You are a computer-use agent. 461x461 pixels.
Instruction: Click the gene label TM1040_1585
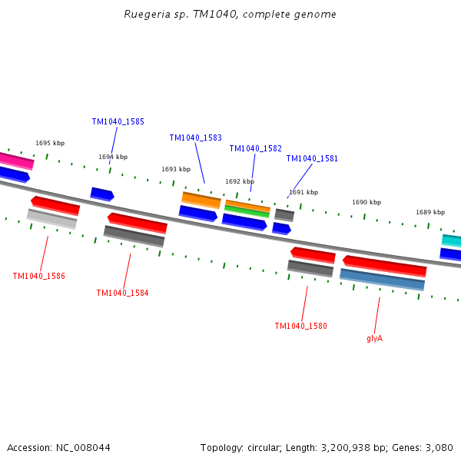point(118,122)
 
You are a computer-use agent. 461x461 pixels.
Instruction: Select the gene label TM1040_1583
point(195,138)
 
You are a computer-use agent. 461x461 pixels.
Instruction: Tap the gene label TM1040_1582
point(255,149)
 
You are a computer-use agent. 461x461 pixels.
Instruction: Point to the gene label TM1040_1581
point(312,159)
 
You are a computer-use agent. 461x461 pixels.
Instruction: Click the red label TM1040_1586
point(38,277)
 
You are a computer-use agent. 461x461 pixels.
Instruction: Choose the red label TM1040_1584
point(122,294)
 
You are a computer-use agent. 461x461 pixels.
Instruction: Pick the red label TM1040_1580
point(300,327)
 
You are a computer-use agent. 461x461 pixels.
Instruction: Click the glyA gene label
point(374,338)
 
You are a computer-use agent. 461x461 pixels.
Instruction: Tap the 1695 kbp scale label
point(50,144)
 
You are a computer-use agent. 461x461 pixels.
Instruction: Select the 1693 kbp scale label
point(176,170)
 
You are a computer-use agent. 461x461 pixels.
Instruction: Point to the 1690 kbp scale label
point(366,203)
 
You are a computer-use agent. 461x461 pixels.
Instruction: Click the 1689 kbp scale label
point(430,213)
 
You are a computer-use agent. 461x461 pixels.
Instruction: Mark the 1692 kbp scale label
point(240,182)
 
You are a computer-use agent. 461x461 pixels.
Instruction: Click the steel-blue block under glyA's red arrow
point(382,280)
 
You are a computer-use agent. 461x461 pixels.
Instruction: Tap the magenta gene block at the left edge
point(15,161)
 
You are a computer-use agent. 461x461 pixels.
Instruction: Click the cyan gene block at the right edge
point(452,240)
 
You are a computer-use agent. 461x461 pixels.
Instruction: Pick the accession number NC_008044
point(82,448)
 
